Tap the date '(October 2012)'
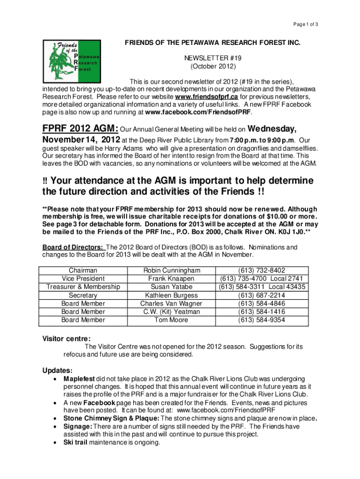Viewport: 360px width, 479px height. (x=212, y=67)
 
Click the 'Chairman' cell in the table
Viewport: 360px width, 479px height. (x=83, y=270)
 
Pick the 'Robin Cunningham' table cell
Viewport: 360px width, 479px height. (x=172, y=270)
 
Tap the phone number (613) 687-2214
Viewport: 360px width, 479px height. (x=262, y=295)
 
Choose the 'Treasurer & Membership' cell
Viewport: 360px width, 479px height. (x=83, y=287)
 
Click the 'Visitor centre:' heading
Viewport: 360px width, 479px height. (x=66, y=338)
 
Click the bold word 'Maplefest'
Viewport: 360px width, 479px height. (x=79, y=378)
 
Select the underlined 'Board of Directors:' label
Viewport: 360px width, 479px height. (x=73, y=247)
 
